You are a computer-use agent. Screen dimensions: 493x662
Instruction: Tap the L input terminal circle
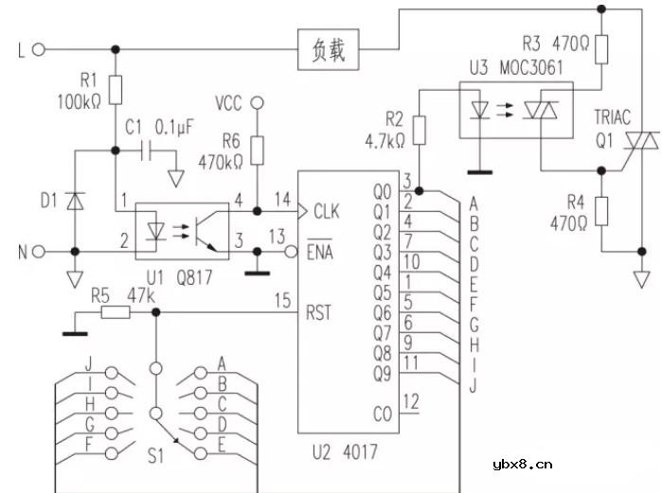tap(39, 49)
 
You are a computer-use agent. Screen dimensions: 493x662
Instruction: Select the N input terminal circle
tap(39, 252)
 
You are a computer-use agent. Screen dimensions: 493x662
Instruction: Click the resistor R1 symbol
tap(116, 89)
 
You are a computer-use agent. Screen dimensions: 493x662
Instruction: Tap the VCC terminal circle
tap(255, 100)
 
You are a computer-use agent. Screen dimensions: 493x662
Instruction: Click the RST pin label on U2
tap(319, 311)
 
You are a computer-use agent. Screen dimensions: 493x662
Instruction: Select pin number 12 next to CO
tap(410, 401)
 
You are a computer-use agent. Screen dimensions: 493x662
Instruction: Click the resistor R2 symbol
tap(420, 130)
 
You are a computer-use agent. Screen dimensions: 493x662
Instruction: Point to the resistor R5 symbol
tap(116, 311)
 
